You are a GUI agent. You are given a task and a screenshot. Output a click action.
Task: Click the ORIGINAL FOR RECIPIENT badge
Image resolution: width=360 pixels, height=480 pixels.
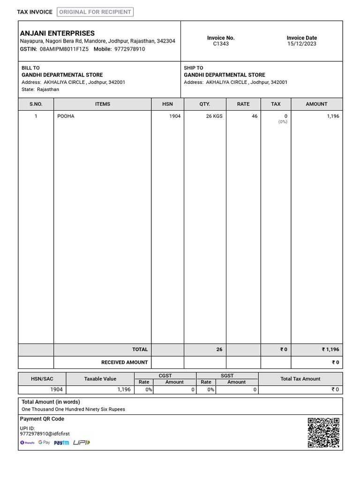click(95, 12)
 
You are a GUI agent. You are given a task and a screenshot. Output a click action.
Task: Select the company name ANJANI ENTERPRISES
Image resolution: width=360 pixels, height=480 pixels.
click(57, 33)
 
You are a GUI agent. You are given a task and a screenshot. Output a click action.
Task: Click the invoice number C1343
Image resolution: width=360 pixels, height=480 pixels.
click(221, 44)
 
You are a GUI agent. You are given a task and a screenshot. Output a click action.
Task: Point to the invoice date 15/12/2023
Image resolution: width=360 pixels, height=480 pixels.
click(301, 44)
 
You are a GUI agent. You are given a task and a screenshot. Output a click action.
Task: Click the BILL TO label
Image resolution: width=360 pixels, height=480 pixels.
click(31, 68)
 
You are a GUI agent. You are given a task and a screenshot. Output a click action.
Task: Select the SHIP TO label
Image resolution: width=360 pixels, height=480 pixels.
click(194, 68)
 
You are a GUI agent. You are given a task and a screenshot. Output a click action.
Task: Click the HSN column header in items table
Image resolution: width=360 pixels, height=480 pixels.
click(167, 104)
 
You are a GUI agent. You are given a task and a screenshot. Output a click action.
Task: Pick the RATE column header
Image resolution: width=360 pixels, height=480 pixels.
click(243, 104)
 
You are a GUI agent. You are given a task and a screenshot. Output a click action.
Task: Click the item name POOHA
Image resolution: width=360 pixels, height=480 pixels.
click(66, 116)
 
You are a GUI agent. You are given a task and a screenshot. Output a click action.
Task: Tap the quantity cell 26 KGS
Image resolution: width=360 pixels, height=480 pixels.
click(214, 116)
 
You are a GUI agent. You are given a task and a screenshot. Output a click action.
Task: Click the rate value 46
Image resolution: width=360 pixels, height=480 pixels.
click(255, 116)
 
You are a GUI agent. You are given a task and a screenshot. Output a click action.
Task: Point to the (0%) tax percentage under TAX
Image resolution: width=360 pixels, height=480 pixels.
click(283, 122)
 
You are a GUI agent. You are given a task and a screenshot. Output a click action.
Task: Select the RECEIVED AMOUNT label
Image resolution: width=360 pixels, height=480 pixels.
click(124, 362)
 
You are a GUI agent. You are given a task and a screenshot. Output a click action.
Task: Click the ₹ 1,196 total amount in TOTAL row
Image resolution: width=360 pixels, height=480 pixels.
click(330, 350)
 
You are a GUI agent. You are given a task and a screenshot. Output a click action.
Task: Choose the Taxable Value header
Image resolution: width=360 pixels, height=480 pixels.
click(100, 379)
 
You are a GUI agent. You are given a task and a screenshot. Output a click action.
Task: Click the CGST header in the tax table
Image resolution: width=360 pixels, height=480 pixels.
click(165, 375)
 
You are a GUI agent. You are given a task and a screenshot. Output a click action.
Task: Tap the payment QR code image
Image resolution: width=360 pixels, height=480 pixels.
click(323, 433)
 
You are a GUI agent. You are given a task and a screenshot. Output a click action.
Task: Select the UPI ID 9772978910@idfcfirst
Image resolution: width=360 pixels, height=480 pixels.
click(45, 434)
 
